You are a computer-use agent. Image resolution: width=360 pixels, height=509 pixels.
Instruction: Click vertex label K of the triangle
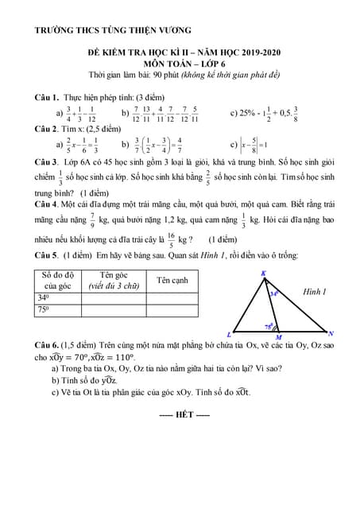264,273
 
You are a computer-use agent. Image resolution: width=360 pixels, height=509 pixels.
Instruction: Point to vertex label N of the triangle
331,333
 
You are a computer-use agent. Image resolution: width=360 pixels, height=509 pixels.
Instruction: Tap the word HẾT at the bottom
184,414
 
